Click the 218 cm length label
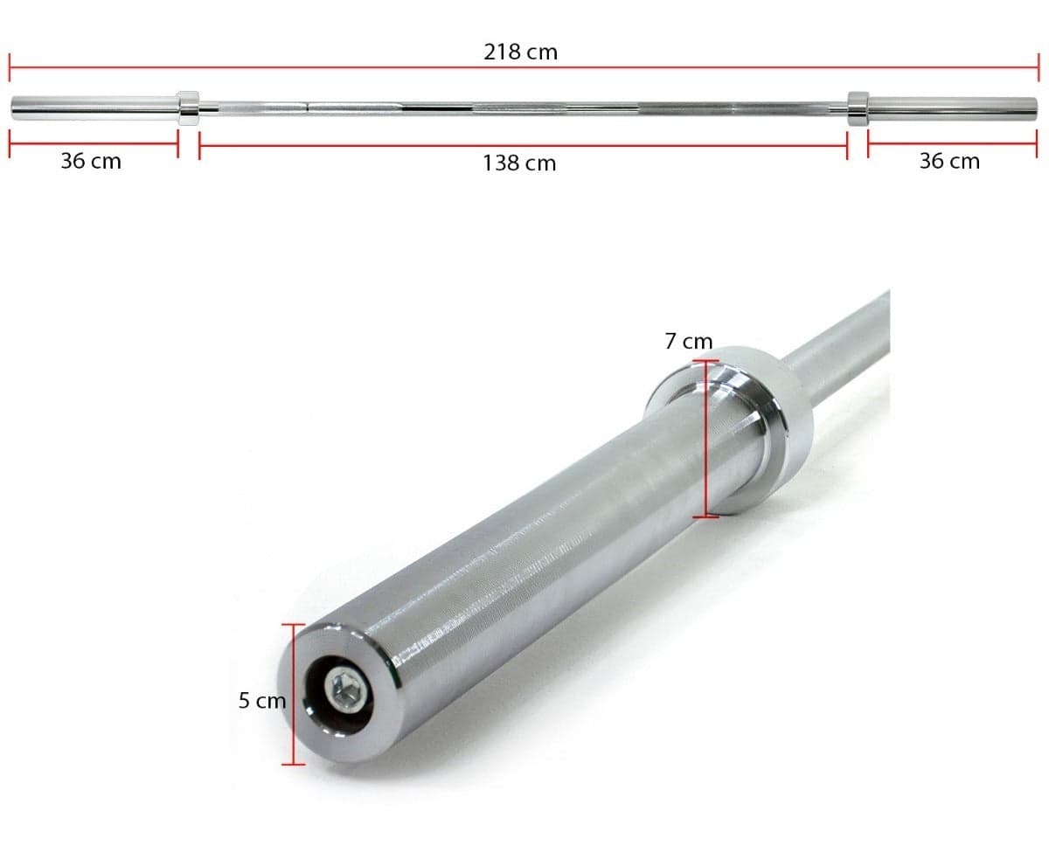point(520,52)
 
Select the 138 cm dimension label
point(519,163)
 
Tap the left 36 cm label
point(91,161)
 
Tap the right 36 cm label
point(949,161)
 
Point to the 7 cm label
point(688,342)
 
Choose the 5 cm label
point(262,700)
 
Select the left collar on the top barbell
point(188,108)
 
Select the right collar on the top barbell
point(858,107)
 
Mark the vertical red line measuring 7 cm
point(706,437)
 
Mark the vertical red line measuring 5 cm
point(294,694)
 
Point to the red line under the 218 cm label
point(350,67)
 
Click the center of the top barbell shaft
point(523,108)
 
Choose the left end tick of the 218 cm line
point(10,67)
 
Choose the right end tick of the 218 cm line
point(1037,67)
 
